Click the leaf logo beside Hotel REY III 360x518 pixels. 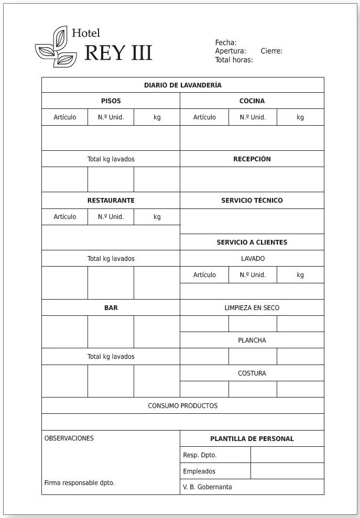(x=56, y=47)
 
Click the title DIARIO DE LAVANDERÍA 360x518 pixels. (x=182, y=85)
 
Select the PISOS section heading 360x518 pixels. (x=111, y=101)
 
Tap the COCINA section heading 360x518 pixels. (x=252, y=101)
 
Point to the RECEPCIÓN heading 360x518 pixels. (x=252, y=159)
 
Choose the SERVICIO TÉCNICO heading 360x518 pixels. (x=252, y=200)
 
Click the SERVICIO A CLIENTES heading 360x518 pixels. (x=252, y=242)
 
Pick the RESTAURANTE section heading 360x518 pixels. (x=111, y=200)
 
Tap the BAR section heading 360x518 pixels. (x=111, y=307)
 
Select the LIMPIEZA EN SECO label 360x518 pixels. (x=252, y=307)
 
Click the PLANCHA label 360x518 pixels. (x=252, y=340)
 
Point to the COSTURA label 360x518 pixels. (x=252, y=373)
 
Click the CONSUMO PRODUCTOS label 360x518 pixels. (x=182, y=405)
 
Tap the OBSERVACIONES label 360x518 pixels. (x=69, y=438)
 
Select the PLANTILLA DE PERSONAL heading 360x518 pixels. (x=252, y=438)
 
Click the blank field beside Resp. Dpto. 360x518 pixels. (x=287, y=455)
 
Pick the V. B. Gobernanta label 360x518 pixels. (x=207, y=487)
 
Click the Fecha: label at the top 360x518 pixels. (x=226, y=42)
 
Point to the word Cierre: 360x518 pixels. (x=271, y=51)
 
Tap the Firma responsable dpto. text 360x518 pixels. (x=79, y=482)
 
